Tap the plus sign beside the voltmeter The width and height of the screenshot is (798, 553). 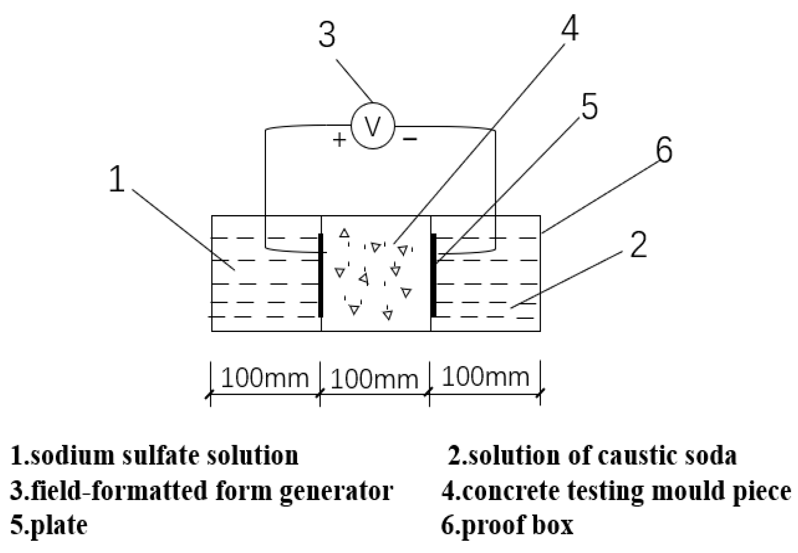339,139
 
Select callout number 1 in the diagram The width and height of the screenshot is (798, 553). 117,179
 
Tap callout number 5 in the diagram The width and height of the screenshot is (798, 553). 589,105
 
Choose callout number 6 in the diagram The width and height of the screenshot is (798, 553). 664,150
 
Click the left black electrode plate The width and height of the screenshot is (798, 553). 321,275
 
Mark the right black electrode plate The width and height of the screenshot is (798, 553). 433,275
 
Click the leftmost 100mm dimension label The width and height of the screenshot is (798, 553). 265,378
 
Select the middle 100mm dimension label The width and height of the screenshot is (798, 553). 374,379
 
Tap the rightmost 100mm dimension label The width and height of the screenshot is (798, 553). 485,376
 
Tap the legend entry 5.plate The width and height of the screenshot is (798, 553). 49,525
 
